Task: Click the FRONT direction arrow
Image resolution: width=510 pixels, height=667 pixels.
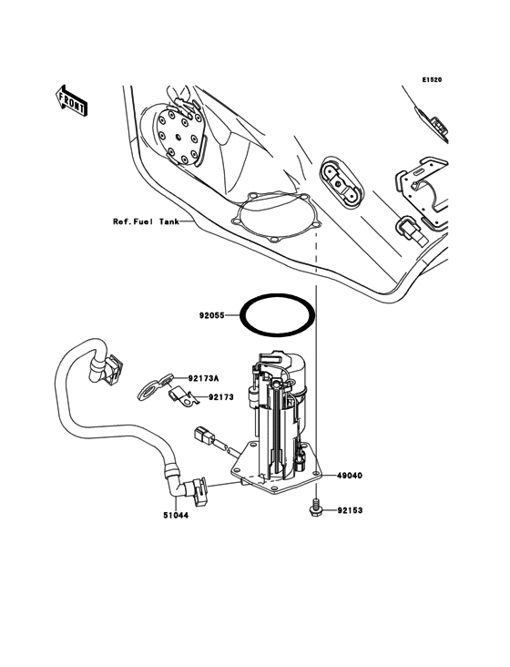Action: [x=71, y=99]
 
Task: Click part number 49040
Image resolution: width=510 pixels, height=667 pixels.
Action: [x=351, y=476]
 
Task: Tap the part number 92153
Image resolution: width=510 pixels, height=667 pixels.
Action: [x=351, y=511]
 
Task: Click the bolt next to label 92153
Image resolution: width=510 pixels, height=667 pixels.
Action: [x=314, y=509]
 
